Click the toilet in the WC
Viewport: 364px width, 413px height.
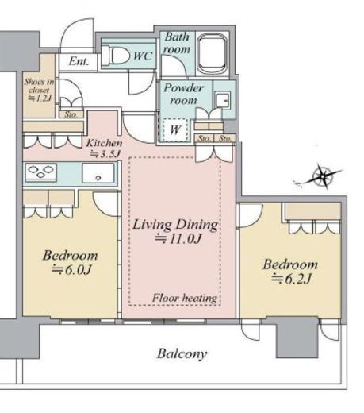(116, 56)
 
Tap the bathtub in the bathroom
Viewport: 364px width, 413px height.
(213, 54)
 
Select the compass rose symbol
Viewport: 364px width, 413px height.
(322, 176)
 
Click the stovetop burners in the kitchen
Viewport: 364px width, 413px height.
(41, 172)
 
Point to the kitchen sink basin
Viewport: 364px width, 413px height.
(98, 173)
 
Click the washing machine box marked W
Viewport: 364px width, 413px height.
(174, 130)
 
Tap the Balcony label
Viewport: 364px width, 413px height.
(182, 353)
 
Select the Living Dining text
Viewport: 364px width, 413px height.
(175, 225)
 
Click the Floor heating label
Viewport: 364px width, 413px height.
(185, 298)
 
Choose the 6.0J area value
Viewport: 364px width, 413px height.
(71, 270)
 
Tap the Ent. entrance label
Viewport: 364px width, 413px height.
(79, 61)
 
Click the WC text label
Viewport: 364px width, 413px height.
(143, 56)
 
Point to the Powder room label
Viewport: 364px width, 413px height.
(183, 94)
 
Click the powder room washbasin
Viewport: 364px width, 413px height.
(222, 100)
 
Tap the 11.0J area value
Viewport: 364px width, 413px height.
(178, 239)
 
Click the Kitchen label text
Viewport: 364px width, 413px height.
(104, 143)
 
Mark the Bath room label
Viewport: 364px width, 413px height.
(176, 43)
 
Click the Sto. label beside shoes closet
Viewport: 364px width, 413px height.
(71, 114)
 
